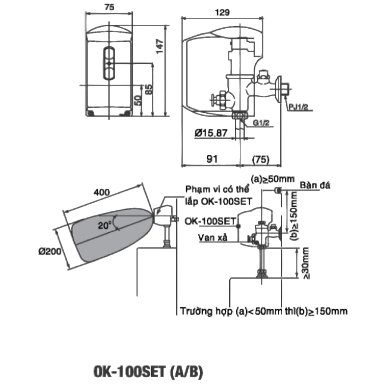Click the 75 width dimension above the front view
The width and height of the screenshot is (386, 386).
[x=109, y=8]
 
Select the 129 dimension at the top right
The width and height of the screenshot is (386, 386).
[x=222, y=12]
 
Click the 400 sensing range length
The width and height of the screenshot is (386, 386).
[x=101, y=192]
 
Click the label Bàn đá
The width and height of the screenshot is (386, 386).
[x=314, y=186]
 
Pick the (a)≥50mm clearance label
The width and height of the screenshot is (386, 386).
[x=272, y=179]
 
